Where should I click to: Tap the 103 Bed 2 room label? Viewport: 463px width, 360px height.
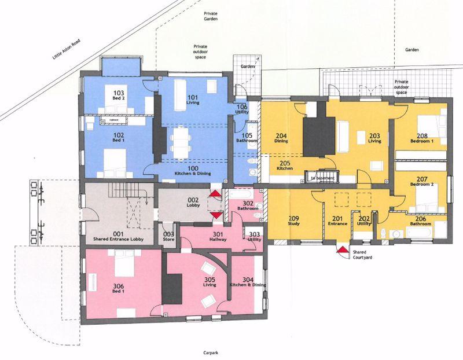[119, 95]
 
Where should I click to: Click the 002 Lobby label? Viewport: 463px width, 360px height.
[193, 203]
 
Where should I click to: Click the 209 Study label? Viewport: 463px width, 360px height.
[293, 221]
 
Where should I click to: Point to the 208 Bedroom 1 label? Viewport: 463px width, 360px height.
[422, 139]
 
